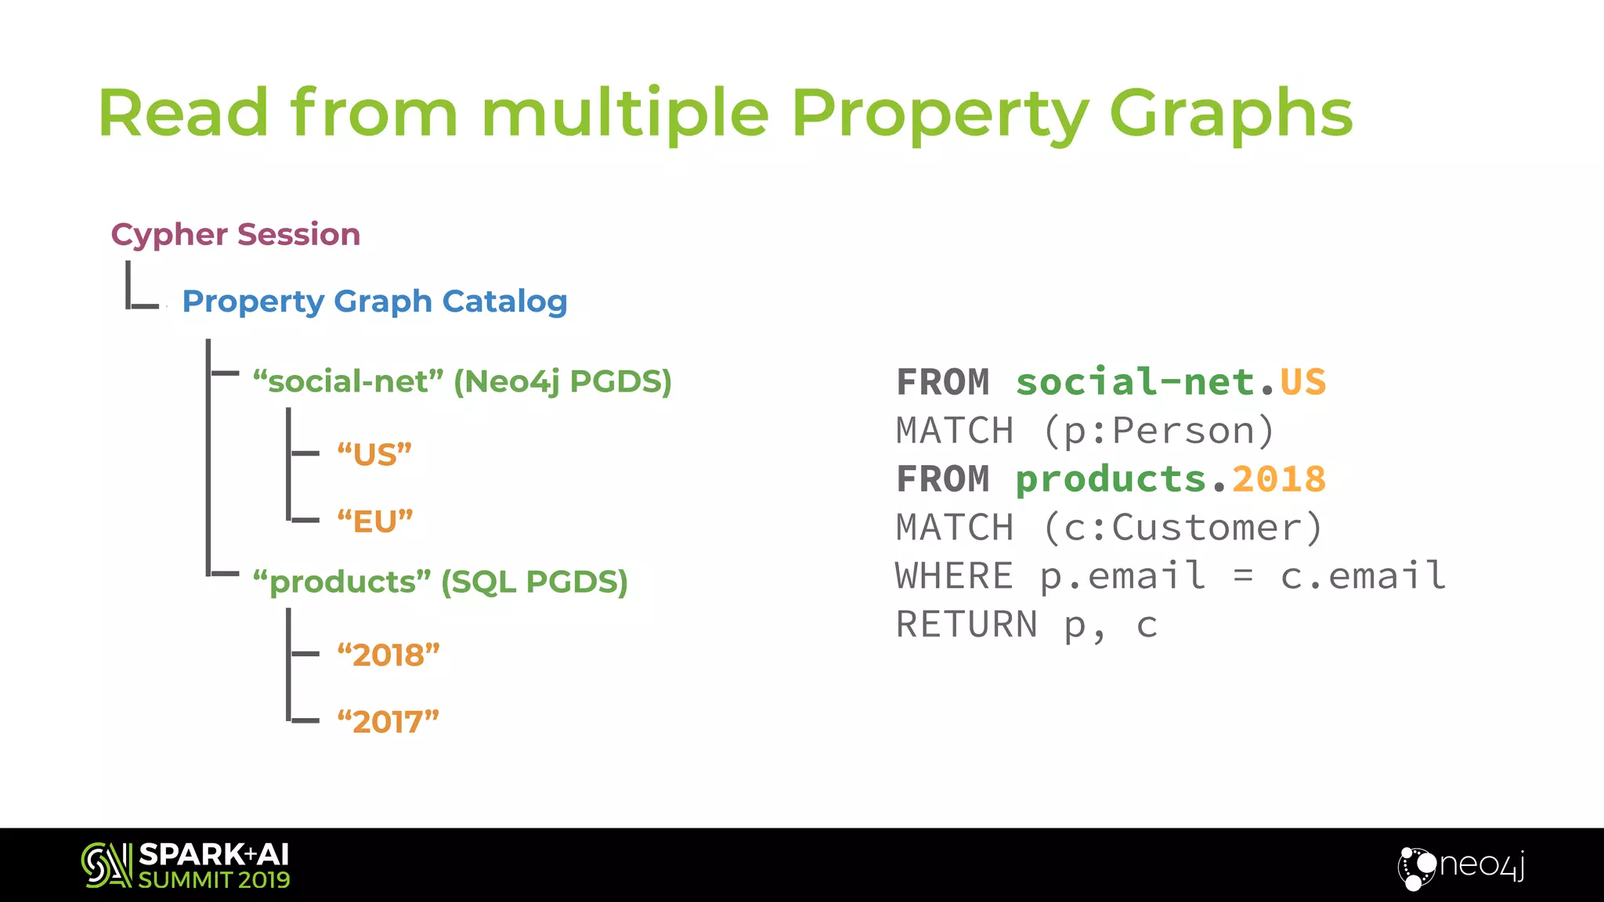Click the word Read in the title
click(183, 114)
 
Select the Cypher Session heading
click(236, 234)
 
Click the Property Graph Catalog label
click(374, 301)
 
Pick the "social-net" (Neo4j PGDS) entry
click(462, 381)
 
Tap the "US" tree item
click(374, 454)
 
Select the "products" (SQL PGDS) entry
click(440, 582)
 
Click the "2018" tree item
click(388, 655)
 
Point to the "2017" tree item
click(388, 722)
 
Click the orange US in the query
click(1302, 383)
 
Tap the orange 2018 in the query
click(1279, 479)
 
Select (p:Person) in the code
click(1158, 431)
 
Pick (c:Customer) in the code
click(1183, 528)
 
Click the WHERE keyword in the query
click(954, 576)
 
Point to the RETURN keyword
click(966, 625)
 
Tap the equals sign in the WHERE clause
click(1243, 577)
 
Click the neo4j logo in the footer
click(1461, 867)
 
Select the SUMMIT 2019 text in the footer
click(214, 880)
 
